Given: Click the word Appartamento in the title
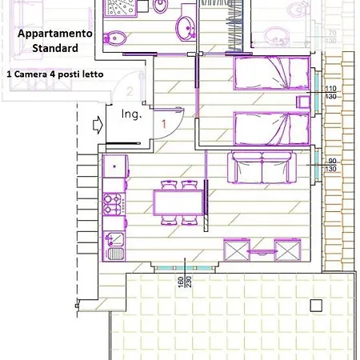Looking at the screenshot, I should [x=55, y=34].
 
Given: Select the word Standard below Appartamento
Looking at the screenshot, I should [x=55, y=48].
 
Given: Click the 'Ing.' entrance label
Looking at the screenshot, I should [x=131, y=114].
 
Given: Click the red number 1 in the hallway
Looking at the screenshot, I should [x=162, y=124].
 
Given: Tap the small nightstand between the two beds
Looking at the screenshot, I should [x=302, y=101].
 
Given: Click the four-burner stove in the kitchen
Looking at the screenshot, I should [x=114, y=205].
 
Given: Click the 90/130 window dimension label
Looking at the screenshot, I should [x=330, y=165].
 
